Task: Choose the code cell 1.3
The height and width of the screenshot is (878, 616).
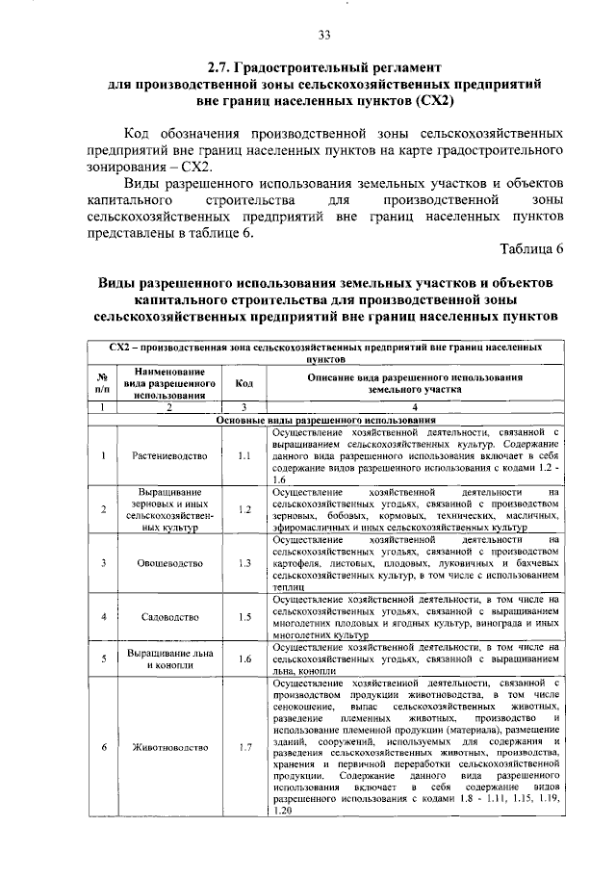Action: (x=244, y=562)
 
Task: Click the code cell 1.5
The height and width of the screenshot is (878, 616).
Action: (x=244, y=616)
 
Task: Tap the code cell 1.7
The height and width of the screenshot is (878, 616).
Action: (x=244, y=746)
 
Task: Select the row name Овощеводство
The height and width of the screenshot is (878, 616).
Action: (x=168, y=562)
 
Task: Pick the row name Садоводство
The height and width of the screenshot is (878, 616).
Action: (x=168, y=616)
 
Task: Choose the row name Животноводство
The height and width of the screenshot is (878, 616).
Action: (x=168, y=746)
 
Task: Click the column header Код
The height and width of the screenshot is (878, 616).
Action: (x=244, y=383)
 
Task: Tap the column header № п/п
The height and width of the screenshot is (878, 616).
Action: (x=101, y=383)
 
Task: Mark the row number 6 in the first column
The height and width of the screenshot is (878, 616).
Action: (x=102, y=746)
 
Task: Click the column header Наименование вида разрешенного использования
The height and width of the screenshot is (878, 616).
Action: (x=168, y=383)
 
